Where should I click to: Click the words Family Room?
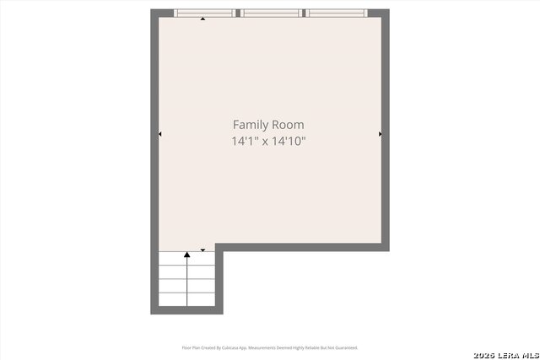click(268, 125)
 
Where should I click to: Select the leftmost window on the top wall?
click(205, 13)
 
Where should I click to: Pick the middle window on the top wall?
click(271, 13)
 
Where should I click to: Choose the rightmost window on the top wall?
click(336, 13)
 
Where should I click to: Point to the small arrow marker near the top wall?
click(202, 19)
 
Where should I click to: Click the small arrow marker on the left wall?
click(160, 133)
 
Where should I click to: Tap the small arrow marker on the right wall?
click(381, 133)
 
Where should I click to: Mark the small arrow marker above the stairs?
click(202, 249)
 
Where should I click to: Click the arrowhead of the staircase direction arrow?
click(186, 254)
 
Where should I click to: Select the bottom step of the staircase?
click(186, 299)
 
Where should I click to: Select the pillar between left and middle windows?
click(239, 13)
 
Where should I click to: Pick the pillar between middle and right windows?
click(304, 13)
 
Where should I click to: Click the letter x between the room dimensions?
click(265, 142)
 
